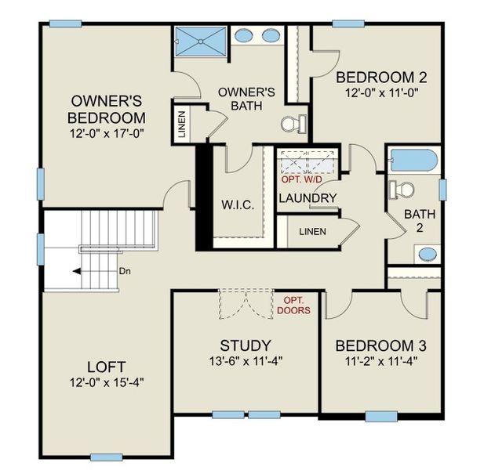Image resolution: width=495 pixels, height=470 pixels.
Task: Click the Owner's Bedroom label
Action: coord(107,109)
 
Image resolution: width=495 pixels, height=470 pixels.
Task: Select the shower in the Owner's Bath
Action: coord(199,42)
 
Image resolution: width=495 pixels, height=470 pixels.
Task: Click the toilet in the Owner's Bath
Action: coord(292,124)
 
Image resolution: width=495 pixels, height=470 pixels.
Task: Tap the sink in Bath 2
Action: coord(428,254)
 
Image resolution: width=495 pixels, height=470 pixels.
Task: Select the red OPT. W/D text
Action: coord(302,179)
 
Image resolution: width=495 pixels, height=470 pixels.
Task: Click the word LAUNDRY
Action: coord(308,198)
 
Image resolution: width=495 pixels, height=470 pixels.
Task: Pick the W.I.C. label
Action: coord(237,206)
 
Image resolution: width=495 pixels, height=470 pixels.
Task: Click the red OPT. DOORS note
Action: coord(293,305)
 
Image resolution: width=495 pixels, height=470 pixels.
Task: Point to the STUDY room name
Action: coord(246,345)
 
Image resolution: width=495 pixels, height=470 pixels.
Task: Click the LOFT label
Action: coord(107,367)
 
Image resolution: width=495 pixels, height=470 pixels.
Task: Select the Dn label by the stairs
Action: coord(124,271)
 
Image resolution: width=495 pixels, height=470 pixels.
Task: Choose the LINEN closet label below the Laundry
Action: coord(312,232)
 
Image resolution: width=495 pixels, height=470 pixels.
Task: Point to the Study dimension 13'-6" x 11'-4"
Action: coord(246,362)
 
